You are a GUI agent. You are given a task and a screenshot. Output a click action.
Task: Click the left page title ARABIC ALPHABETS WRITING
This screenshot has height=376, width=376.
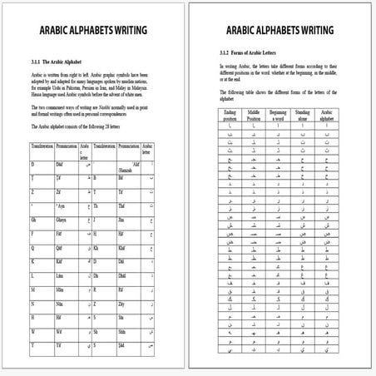pos(93,31)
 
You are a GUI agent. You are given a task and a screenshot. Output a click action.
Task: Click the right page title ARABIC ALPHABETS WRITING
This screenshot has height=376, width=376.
pos(282,31)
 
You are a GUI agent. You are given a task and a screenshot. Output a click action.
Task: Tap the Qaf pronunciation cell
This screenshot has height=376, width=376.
pos(61,247)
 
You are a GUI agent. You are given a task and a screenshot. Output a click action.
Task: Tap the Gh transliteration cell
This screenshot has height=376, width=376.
pos(35,221)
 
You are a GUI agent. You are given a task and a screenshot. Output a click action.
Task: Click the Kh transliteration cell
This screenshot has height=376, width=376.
pos(97,247)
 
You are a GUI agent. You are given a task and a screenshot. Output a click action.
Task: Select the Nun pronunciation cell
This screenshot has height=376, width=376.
pos(61,304)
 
